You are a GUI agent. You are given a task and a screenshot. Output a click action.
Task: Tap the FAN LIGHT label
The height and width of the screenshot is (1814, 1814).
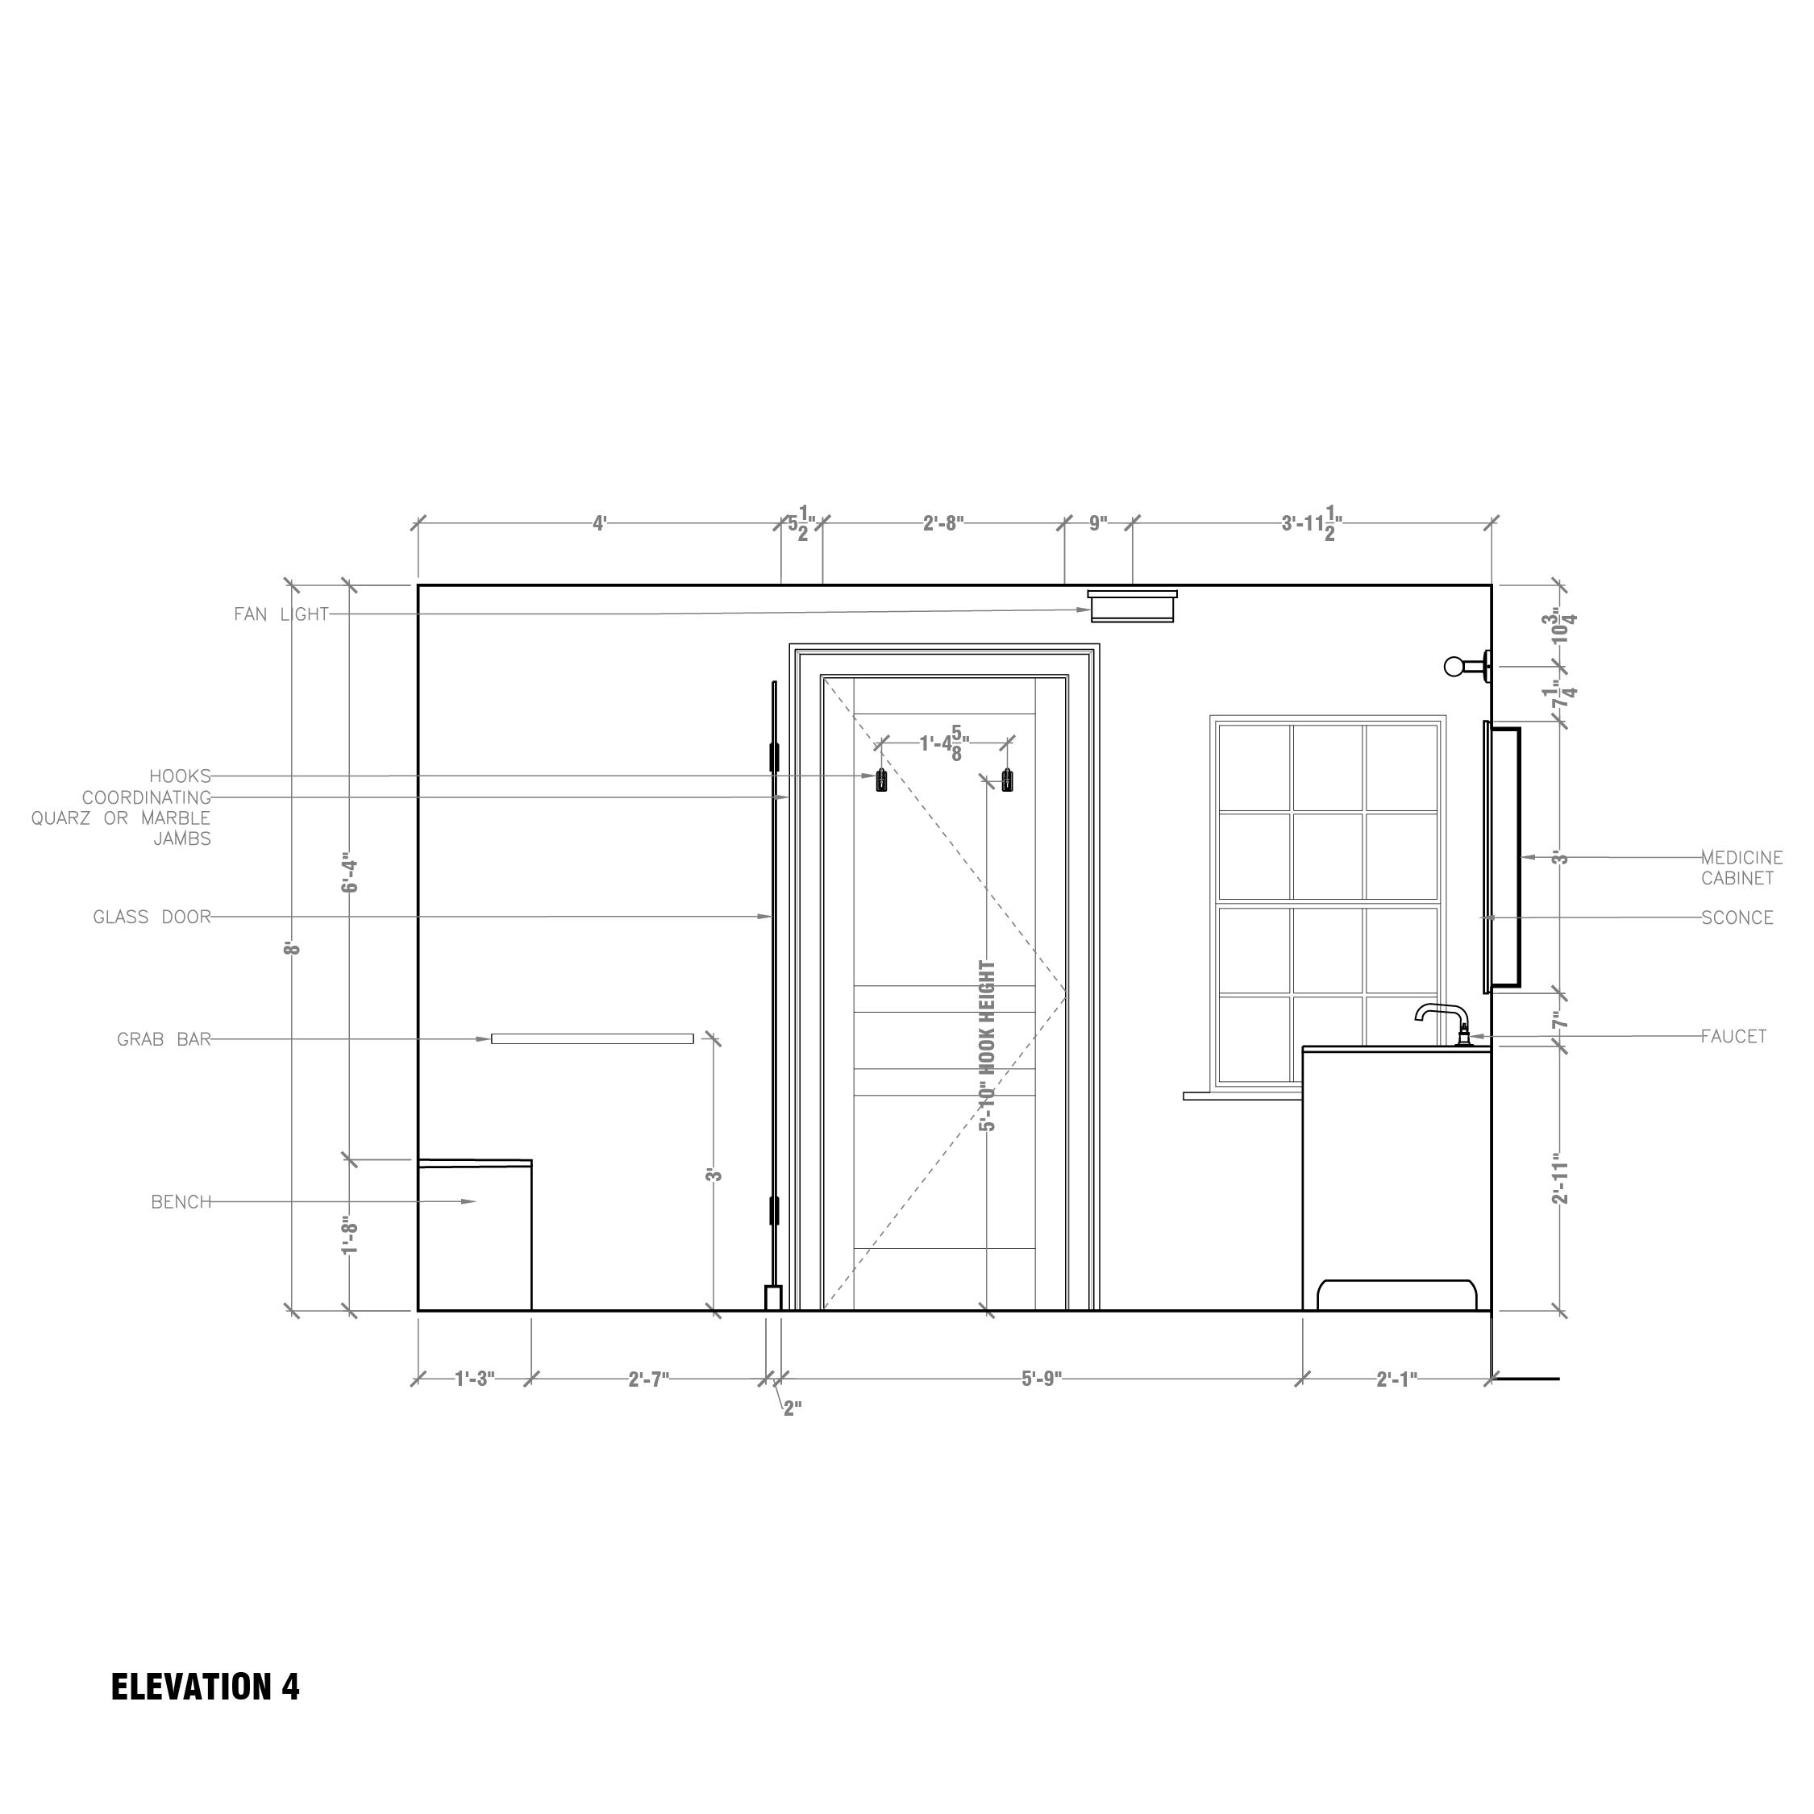click(x=281, y=614)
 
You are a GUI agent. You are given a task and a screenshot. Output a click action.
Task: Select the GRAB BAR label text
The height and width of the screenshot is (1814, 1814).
click(x=164, y=1039)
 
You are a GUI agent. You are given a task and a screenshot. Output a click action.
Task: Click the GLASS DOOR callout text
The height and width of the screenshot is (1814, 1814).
click(x=152, y=917)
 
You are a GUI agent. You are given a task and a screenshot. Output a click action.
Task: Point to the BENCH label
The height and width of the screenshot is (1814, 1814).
click(x=181, y=1202)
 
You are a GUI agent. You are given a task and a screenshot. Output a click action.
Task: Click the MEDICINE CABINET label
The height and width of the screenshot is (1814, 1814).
click(x=1741, y=867)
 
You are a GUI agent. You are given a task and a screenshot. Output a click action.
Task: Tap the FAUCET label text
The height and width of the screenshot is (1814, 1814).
click(x=1733, y=1037)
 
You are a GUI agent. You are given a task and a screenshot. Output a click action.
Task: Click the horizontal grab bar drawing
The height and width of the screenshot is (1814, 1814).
click(x=593, y=1038)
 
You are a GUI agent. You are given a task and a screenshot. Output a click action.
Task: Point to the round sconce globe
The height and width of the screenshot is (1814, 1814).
click(x=1454, y=667)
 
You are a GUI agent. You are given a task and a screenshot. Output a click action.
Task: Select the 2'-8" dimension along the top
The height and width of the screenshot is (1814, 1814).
click(x=942, y=523)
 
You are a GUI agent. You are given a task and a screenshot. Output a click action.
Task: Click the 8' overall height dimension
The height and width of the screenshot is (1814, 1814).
click(x=293, y=948)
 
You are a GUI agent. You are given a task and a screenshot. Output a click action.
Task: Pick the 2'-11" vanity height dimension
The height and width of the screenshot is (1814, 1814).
click(x=1559, y=1179)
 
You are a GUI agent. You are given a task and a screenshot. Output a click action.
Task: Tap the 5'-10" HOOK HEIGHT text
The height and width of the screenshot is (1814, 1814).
click(x=987, y=1045)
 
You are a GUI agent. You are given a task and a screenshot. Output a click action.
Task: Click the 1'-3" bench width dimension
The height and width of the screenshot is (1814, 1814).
click(x=474, y=1379)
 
